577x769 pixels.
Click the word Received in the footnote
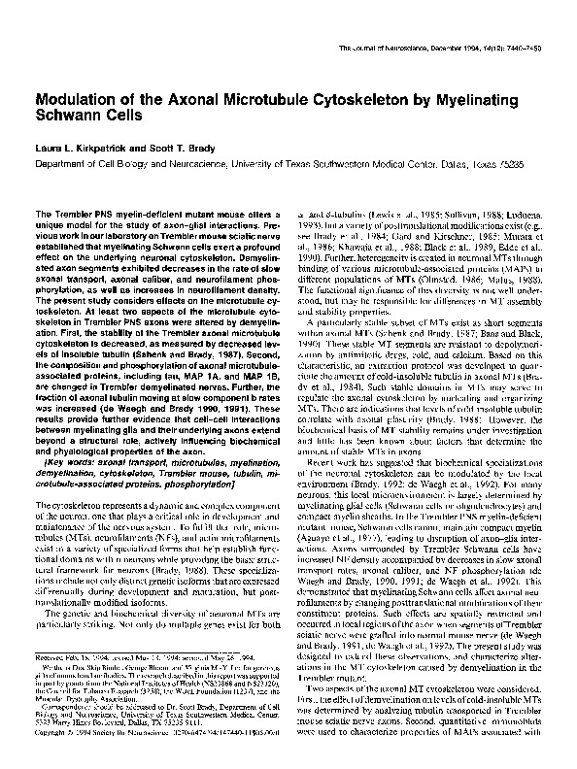[x=49, y=657]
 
